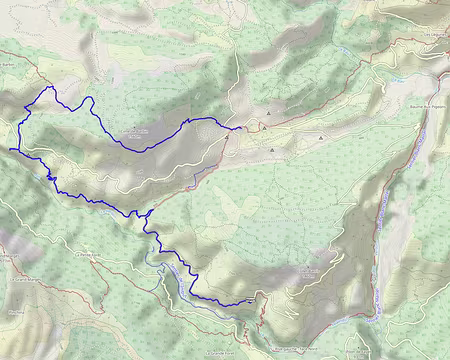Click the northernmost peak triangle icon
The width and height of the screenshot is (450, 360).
click(268, 114)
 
